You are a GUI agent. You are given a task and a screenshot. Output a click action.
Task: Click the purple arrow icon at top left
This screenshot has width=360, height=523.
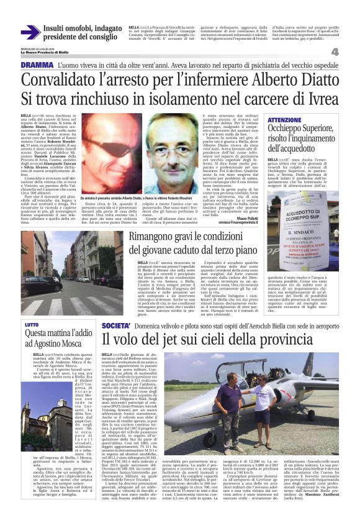[30, 32]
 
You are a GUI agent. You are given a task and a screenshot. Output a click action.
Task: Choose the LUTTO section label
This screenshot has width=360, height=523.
[31, 324]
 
